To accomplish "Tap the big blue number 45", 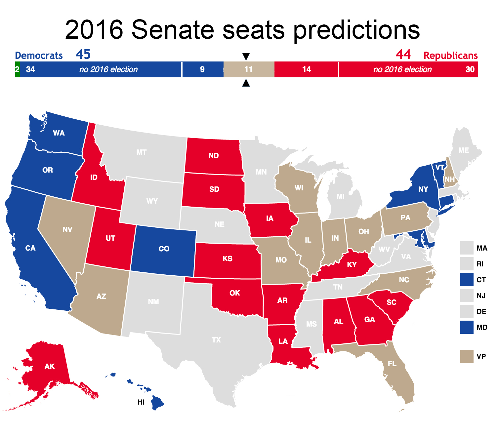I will click(x=83, y=55).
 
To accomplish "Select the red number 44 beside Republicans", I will click(x=403, y=55).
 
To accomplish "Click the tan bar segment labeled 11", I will click(x=249, y=69).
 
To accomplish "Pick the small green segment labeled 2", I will click(x=17, y=69).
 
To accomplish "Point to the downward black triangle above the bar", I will click(x=246, y=56).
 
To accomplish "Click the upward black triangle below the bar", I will click(x=246, y=83).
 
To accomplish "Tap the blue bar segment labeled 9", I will click(x=202, y=69).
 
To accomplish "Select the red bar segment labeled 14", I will click(x=306, y=69).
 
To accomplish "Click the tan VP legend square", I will click(x=467, y=356).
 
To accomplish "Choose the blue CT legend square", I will click(x=467, y=280).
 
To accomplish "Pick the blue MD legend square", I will click(x=467, y=327).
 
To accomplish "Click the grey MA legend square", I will click(x=467, y=248).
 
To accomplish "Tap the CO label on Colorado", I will click(x=164, y=249).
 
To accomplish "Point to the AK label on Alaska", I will click(x=50, y=366).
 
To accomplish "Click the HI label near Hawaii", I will click(x=141, y=402).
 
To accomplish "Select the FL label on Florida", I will click(x=392, y=364).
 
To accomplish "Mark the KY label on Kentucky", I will click(x=352, y=265).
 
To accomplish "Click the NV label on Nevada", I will click(x=67, y=230).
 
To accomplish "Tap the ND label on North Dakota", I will click(x=214, y=156).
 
